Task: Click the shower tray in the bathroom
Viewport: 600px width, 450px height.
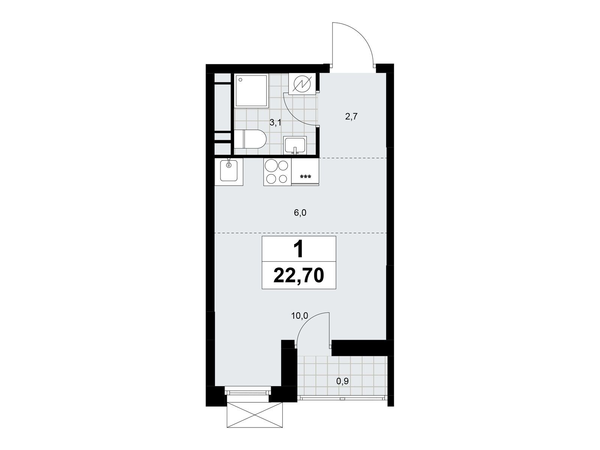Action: (x=251, y=90)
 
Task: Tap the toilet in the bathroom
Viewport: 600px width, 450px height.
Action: (x=250, y=139)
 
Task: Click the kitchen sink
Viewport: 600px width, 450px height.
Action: (x=229, y=172)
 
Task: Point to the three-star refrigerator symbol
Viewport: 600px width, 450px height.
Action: (x=305, y=177)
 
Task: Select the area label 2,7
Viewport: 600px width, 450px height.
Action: (x=352, y=117)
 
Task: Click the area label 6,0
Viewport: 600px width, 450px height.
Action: (x=300, y=213)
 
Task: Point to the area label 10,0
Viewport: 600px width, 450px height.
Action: (x=299, y=316)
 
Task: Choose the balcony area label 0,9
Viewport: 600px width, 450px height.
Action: (x=342, y=381)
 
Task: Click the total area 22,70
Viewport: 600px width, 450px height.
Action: (x=298, y=276)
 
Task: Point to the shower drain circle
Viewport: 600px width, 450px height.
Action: (x=240, y=80)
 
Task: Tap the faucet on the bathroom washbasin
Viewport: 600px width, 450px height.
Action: (x=295, y=151)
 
